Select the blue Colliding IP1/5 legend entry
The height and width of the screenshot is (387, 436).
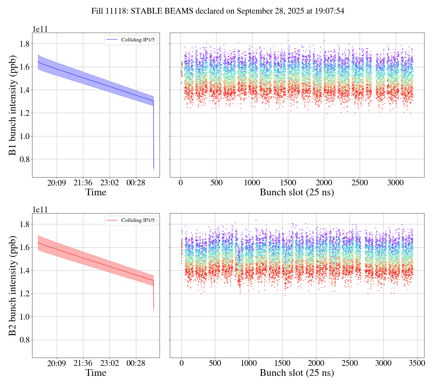tap(130, 40)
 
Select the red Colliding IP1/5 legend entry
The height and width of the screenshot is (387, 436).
tap(130, 220)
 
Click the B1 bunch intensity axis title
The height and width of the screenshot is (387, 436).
tap(13, 105)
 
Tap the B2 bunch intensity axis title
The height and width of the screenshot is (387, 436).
tap(13, 285)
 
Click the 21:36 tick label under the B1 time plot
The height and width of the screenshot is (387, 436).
tap(83, 183)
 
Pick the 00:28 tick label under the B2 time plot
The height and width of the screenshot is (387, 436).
tap(136, 363)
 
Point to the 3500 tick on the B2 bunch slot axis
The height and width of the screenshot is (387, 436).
tap(417, 363)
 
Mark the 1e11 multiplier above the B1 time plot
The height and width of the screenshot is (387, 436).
tap(40, 29)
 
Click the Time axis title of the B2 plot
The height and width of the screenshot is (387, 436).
tap(96, 373)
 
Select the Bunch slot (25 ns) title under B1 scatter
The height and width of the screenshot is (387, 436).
tap(297, 192)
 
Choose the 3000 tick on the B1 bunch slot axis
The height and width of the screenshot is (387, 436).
tap(396, 183)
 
